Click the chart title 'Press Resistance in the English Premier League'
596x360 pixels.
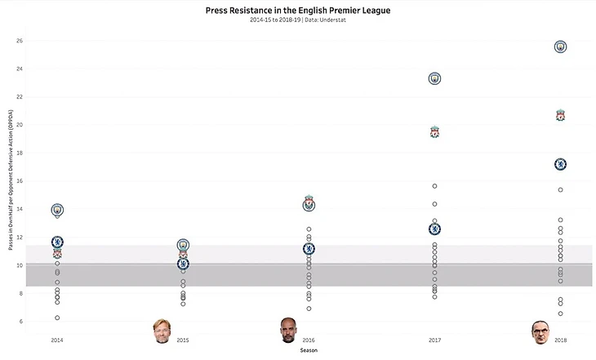coord(298,10)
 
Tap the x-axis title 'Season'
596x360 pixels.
coord(309,349)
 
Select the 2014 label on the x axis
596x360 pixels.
coord(57,339)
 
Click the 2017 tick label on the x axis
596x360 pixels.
coord(434,339)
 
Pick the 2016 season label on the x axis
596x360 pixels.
coord(309,339)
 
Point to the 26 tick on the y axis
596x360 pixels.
coord(20,40)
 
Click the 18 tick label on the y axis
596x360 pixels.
coord(20,153)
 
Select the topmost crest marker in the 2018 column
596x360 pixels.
coord(560,47)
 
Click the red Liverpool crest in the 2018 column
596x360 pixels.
coord(560,115)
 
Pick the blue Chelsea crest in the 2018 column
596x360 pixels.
coord(560,164)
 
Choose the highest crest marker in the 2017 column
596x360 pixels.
coord(434,78)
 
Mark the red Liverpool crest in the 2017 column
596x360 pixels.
coord(434,131)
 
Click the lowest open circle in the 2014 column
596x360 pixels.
coord(57,318)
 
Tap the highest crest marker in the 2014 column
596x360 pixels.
coord(57,210)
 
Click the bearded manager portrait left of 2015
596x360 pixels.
coord(161,331)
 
